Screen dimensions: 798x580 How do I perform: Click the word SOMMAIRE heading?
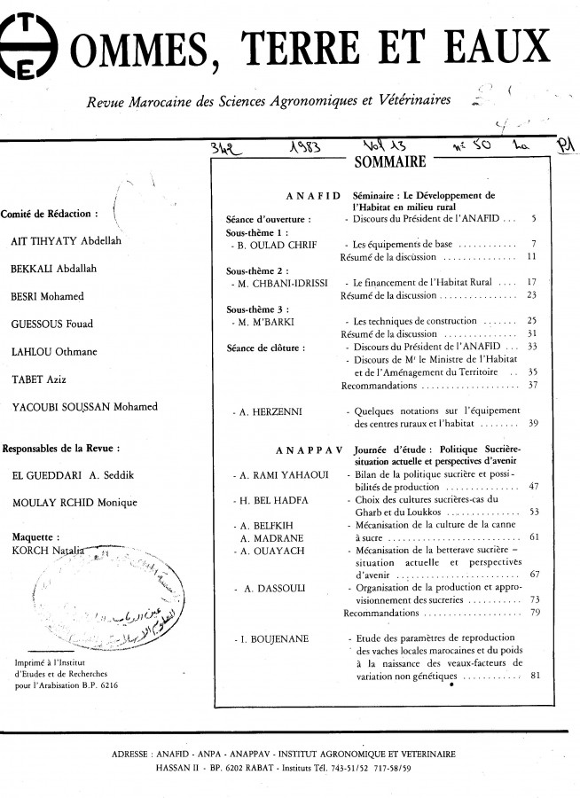coord(389,162)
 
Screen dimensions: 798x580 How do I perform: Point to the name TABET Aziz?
coord(32,379)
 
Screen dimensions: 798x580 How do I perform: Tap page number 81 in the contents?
coord(534,677)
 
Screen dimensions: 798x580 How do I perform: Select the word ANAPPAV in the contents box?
coord(308,450)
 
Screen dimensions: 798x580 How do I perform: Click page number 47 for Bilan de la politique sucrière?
coord(534,487)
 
